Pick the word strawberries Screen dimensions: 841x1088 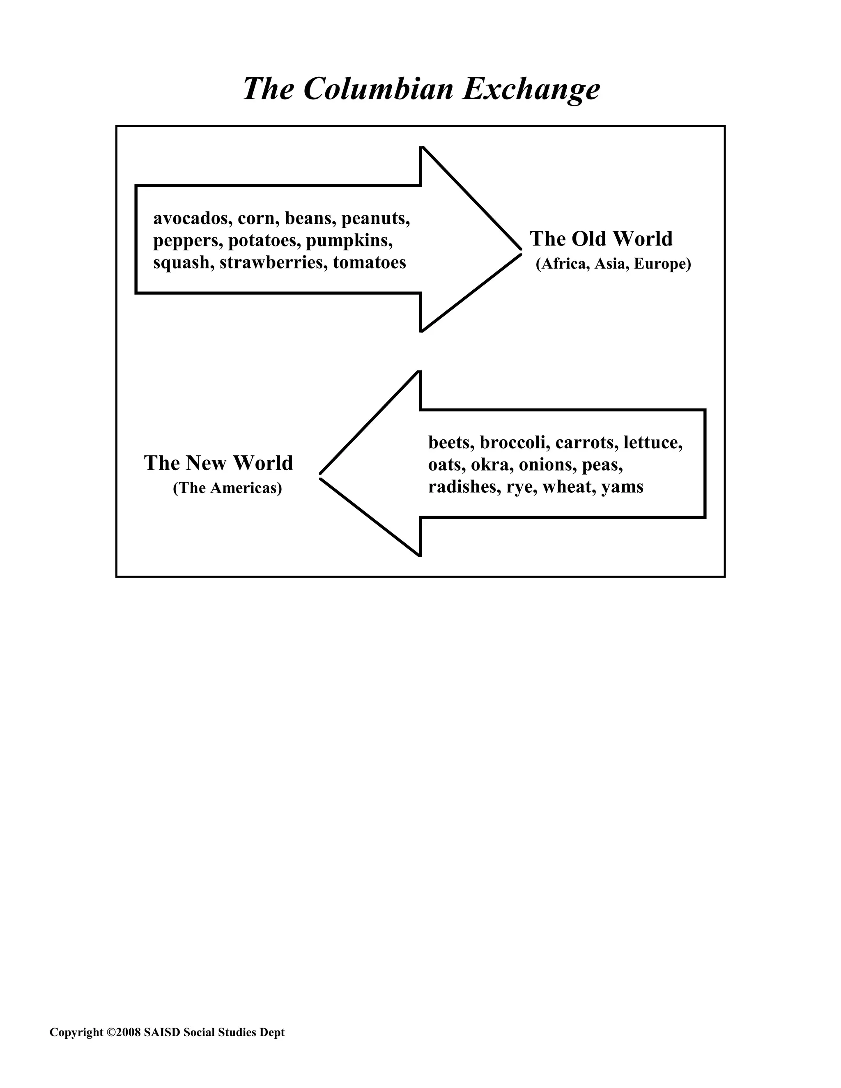click(x=273, y=262)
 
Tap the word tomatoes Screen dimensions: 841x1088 click(x=369, y=262)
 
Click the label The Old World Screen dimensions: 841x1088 click(x=601, y=239)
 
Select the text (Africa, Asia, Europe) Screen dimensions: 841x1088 click(x=614, y=264)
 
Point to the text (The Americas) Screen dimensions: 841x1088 click(x=227, y=488)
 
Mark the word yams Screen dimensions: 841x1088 click(x=622, y=487)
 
